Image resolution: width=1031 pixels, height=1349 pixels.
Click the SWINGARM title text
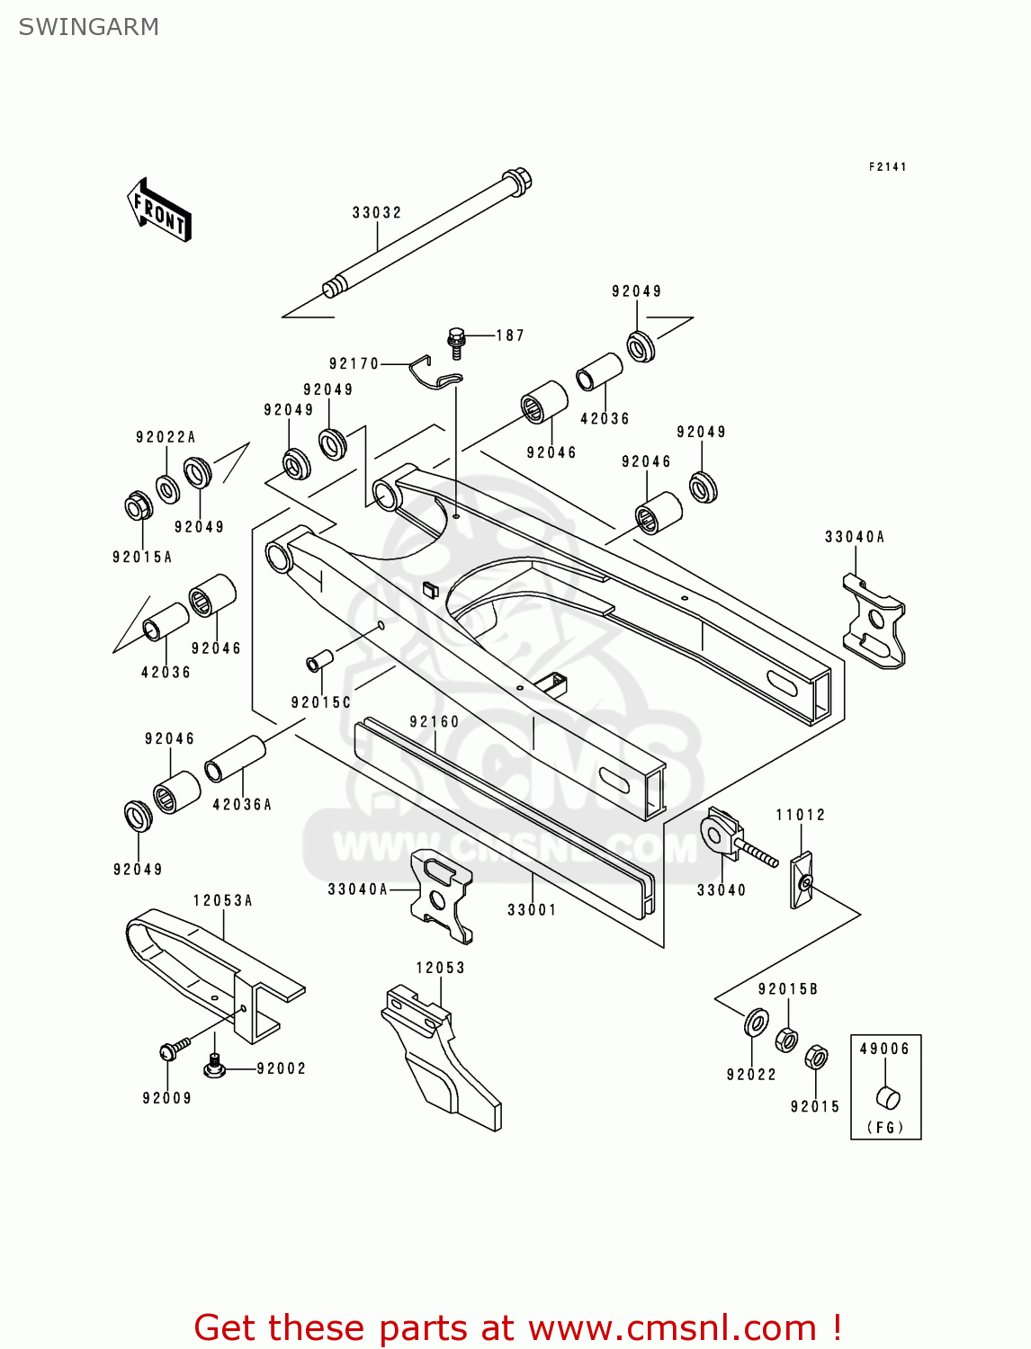tap(88, 27)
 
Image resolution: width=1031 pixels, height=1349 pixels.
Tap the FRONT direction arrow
tap(159, 210)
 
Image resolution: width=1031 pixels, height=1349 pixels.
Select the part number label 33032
tap(376, 213)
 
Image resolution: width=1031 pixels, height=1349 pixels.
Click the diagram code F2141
tap(887, 166)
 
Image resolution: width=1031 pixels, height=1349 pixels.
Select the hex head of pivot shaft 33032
tap(517, 179)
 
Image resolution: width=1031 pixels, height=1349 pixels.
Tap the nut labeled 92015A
tap(139, 506)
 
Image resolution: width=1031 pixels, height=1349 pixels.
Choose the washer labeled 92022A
tap(168, 489)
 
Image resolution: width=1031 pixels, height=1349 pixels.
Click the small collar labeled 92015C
tap(319, 661)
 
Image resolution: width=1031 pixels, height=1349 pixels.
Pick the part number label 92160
tap(434, 722)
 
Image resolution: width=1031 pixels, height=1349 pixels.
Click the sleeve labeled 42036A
tap(235, 760)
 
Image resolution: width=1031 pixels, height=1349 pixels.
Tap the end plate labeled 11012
tap(801, 880)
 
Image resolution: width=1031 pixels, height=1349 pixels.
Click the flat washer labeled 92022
tap(755, 1023)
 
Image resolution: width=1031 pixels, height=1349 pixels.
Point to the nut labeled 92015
tap(815, 1058)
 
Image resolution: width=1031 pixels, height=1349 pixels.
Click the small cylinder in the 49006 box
tap(888, 1097)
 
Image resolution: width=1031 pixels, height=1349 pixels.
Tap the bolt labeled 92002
tap(214, 1065)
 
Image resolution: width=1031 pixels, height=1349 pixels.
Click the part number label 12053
tap(440, 968)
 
